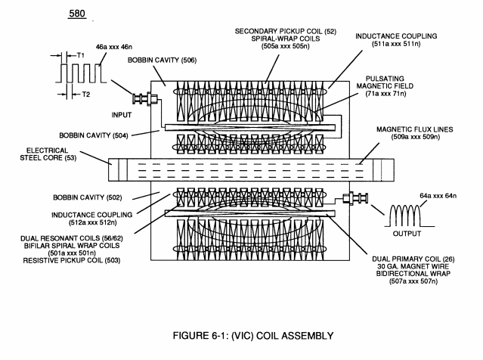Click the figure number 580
[x=77, y=14]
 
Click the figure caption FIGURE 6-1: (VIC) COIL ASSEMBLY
[x=253, y=335]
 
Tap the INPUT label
[x=122, y=115]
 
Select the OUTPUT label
[x=407, y=234]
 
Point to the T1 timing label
[x=80, y=55]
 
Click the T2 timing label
[x=85, y=95]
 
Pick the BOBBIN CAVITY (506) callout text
[x=162, y=60]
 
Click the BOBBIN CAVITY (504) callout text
[x=93, y=135]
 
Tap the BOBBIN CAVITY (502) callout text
[x=88, y=197]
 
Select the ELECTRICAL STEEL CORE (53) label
[x=48, y=154]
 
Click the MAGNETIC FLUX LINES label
[x=415, y=129]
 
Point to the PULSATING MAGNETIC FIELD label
[x=385, y=82]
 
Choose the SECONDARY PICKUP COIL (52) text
[x=286, y=32]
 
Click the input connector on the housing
[x=145, y=99]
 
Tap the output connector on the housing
[x=355, y=198]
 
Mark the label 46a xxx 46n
[x=114, y=47]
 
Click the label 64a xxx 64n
[x=438, y=196]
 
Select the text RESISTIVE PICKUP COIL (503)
[x=72, y=260]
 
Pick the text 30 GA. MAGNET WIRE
[x=413, y=266]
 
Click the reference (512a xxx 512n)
[x=93, y=222]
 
